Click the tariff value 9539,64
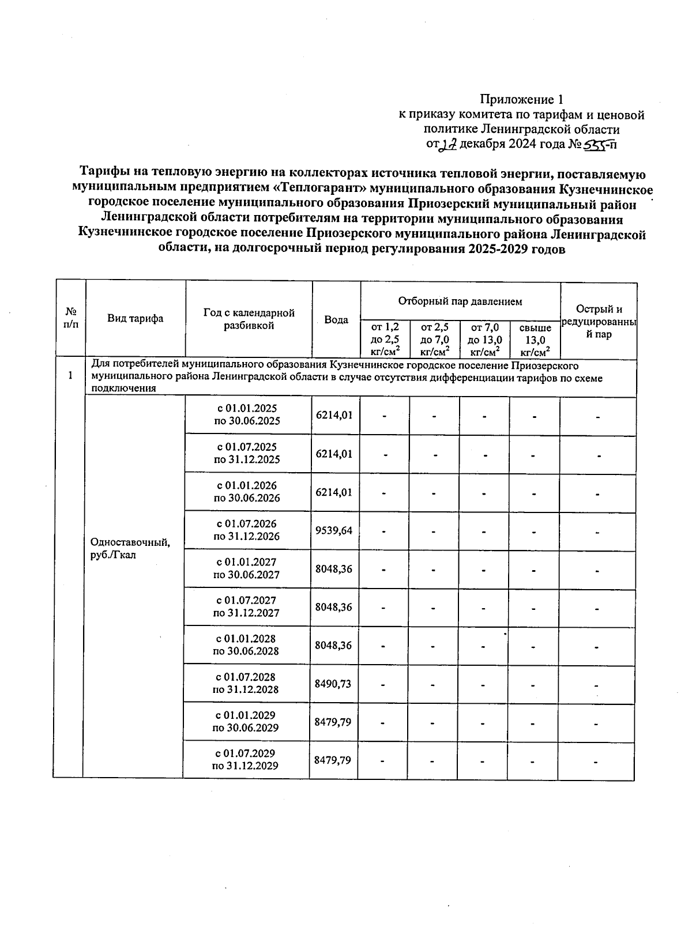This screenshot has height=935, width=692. pos(333,530)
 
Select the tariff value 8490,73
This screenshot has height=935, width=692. pos(333,684)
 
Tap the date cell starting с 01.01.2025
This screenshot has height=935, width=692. pos(247,414)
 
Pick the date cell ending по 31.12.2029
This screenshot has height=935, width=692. pos(246,759)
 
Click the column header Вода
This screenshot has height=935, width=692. pos(336,319)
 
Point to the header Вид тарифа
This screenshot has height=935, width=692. pos(135,318)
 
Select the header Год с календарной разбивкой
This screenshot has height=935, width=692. pos(249,319)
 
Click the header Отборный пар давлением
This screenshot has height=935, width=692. pos(460,301)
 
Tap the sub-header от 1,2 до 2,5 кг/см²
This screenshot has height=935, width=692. pos(385,340)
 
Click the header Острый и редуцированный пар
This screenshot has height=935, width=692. pos(599,322)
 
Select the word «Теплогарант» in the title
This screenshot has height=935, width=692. pos(321,188)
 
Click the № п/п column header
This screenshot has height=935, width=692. pos(71,318)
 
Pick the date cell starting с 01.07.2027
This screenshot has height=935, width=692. pos(246,606)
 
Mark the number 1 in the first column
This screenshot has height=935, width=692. pos(70,376)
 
